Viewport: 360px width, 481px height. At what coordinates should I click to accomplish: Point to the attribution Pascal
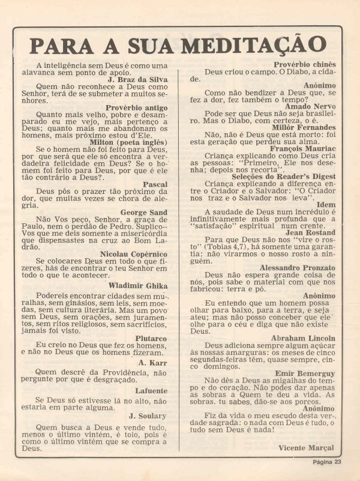click(x=155, y=184)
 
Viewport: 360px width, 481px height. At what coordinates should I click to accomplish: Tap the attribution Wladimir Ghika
click(x=138, y=286)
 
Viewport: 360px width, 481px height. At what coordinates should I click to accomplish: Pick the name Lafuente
click(x=151, y=390)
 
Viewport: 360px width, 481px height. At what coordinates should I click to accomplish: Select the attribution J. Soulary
click(x=148, y=416)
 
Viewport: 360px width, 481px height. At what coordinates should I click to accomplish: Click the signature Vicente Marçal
click(x=306, y=448)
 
